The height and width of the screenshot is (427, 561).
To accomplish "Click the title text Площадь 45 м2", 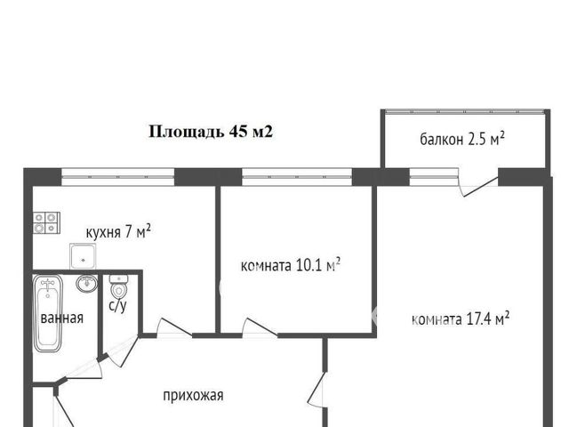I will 209,132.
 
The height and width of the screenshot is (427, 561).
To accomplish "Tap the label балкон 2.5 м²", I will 463,139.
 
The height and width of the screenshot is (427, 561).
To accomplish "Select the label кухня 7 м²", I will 117,232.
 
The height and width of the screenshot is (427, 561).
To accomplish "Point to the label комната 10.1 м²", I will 292,264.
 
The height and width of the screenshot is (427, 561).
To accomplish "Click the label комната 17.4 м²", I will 461,318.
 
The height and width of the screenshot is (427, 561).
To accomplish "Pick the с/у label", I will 117,307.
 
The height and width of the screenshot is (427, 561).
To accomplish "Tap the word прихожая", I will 192,396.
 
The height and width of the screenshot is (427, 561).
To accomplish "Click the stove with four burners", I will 46,222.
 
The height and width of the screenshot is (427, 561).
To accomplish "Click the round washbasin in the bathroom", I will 85,285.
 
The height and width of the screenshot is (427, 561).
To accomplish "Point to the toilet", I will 118,287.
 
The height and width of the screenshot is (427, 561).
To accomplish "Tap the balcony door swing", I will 478,183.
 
